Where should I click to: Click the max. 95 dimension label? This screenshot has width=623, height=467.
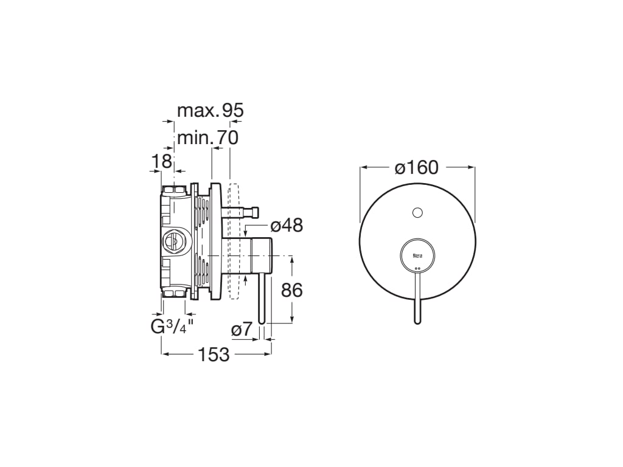coord(210,111)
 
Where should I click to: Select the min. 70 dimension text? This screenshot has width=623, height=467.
coord(207,137)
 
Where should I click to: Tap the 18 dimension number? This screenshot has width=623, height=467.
coord(161,161)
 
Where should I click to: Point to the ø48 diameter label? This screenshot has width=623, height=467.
coord(286,226)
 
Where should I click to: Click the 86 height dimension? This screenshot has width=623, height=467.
coord(292,290)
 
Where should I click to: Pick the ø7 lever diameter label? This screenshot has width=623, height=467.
coord(242,330)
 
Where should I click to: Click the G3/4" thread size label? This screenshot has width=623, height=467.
coord(172,327)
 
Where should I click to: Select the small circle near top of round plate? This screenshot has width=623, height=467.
coord(417,213)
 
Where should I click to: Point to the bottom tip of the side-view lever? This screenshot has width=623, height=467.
coord(262,320)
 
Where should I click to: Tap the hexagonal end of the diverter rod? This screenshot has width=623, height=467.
coord(255,212)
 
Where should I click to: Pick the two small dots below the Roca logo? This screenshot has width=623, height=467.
coord(417,269)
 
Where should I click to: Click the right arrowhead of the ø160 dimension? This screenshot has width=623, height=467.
coord(472,167)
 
